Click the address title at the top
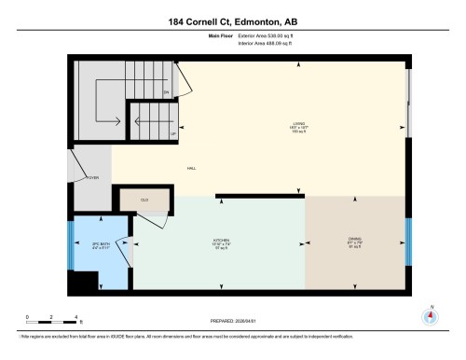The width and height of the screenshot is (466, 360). tap(232, 21)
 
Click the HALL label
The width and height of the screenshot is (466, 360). tap(190, 168)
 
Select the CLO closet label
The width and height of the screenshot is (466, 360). tap(144, 200)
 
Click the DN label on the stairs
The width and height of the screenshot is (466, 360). tap(166, 92)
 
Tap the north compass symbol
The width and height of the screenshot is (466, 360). tap(430, 314)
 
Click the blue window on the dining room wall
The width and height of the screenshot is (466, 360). tap(406, 242)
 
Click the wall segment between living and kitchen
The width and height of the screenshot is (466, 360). tap(260, 196)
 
